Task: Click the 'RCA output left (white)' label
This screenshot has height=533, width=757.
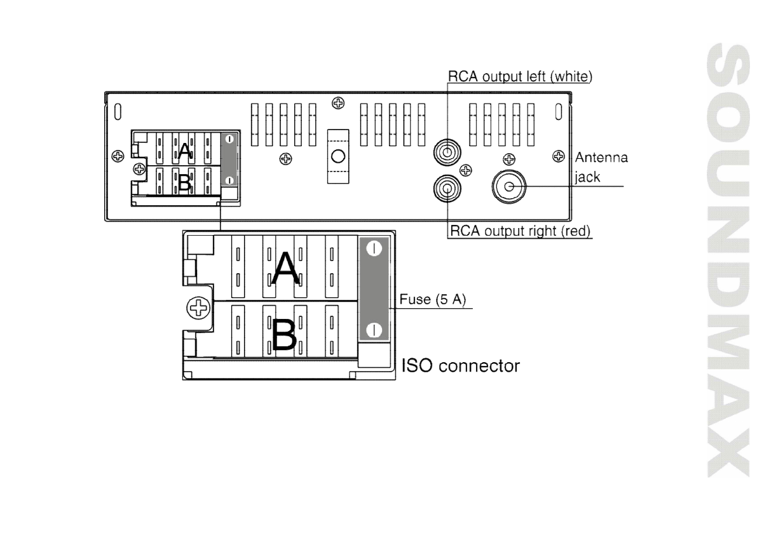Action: coord(520,77)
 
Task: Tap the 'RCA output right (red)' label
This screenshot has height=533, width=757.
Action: coord(520,231)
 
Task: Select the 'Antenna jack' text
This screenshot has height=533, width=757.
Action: coord(601,167)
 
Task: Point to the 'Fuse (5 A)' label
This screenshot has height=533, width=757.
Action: coord(433,300)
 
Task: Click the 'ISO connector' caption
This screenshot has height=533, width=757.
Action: coord(461,366)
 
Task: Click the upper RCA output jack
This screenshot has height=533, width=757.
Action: coord(447,153)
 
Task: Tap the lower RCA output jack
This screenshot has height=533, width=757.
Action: coord(447,188)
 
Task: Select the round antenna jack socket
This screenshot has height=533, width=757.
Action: coord(509,187)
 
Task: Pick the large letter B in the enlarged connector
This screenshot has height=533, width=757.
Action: coord(284,335)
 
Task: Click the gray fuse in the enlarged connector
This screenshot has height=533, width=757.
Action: coord(374,290)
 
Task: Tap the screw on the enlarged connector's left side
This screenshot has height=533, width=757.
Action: coord(198,307)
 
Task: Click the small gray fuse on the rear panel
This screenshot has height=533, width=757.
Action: coord(229,159)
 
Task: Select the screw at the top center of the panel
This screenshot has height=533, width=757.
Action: coord(338,103)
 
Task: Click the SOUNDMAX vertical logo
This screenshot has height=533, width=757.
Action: coord(728,260)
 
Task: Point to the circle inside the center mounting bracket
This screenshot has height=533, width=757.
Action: coord(338,156)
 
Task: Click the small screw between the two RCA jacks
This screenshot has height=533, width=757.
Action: coord(465,170)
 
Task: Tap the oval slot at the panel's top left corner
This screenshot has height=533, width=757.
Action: coord(118,112)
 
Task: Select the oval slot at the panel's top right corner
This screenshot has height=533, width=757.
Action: coord(559,112)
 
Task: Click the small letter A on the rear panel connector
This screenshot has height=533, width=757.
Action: coord(184,151)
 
